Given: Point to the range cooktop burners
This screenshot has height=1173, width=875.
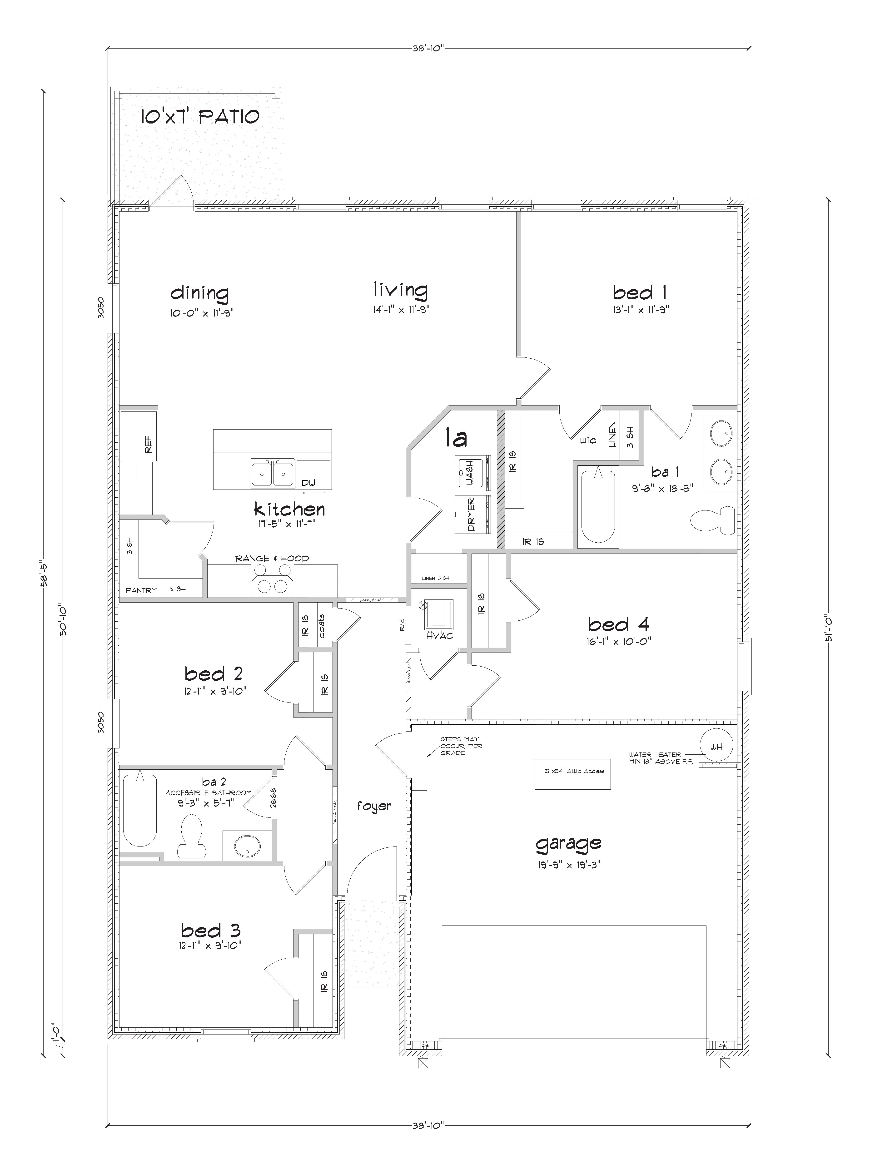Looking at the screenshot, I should [272, 579].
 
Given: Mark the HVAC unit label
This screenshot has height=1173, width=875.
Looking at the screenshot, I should [440, 635].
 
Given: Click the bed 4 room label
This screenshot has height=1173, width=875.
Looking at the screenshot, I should [618, 625].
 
